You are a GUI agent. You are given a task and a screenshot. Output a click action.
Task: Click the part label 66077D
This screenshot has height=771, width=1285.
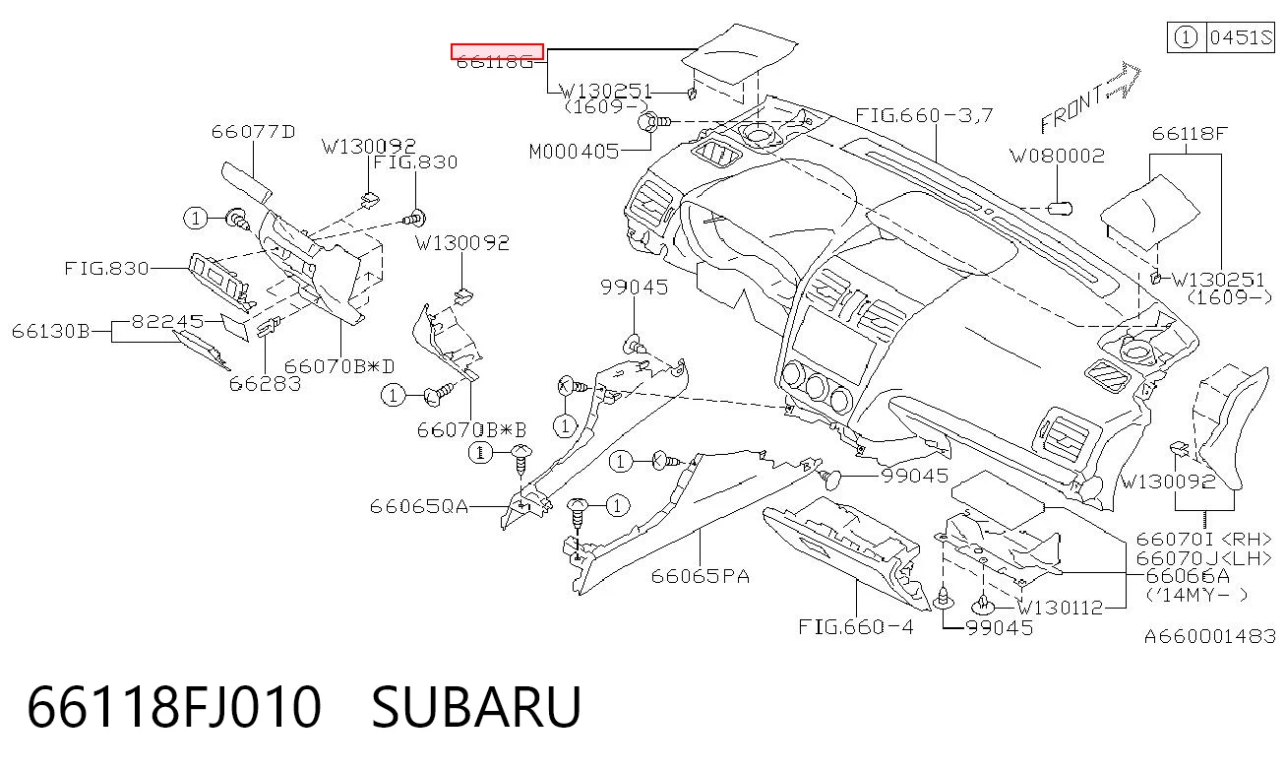click(x=253, y=132)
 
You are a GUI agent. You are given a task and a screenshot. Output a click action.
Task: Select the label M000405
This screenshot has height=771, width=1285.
click(x=574, y=152)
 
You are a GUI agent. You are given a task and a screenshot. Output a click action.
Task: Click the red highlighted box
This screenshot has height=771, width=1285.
click(x=497, y=51)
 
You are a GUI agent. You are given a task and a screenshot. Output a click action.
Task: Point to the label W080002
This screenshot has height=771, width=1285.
click(x=1058, y=157)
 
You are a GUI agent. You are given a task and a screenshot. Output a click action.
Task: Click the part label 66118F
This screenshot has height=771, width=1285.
click(x=1190, y=134)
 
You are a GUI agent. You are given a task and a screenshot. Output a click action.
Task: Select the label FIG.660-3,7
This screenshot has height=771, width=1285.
click(x=924, y=115)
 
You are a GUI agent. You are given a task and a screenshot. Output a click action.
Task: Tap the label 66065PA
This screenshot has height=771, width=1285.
click(x=700, y=576)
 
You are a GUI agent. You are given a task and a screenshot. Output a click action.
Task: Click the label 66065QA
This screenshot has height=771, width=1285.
click(x=419, y=506)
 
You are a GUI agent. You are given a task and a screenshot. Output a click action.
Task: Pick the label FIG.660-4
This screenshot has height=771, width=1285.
click(x=855, y=626)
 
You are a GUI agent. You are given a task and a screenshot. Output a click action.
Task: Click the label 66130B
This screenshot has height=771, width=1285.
click(x=50, y=331)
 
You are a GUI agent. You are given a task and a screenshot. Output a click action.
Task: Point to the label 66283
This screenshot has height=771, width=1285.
click(x=265, y=383)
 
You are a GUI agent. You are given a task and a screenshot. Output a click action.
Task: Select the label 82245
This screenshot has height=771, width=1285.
click(x=167, y=321)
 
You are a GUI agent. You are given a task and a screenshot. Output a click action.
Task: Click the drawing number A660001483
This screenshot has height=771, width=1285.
click(x=1210, y=636)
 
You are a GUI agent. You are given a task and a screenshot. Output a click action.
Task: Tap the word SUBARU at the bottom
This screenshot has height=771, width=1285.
click(x=477, y=707)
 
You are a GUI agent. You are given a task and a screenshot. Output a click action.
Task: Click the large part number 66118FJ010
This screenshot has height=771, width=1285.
click(x=174, y=707)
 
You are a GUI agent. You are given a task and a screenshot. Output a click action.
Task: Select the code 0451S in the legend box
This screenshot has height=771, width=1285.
click(x=1241, y=37)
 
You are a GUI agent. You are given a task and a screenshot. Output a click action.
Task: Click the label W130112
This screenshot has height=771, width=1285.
click(x=1060, y=608)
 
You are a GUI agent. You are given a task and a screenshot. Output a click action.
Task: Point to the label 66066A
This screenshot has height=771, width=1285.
click(x=1188, y=576)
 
